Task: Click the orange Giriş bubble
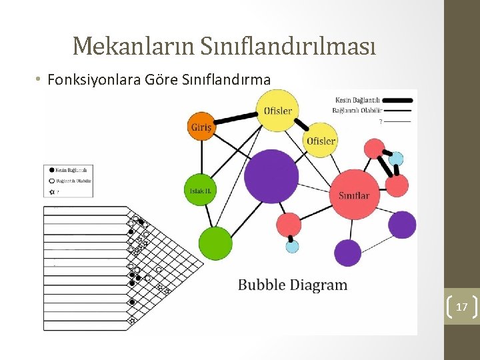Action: (201, 127)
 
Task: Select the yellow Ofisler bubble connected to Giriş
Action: (277, 110)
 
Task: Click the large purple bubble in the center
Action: (271, 177)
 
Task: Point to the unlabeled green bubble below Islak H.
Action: (215, 243)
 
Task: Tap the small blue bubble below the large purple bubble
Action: (292, 247)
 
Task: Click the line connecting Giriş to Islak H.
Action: (201, 157)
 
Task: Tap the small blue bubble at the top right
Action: (396, 159)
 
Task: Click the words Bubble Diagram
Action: (293, 285)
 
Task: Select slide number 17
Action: (461, 307)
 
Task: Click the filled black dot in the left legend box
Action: (52, 170)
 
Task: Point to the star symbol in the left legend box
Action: (52, 191)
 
